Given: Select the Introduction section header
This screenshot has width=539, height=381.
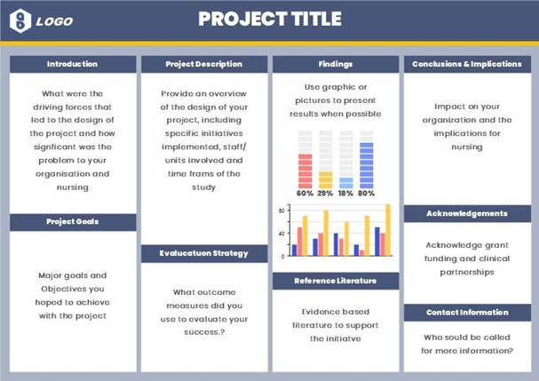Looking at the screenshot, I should (72, 64).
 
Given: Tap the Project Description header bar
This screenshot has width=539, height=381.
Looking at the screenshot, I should (203, 64).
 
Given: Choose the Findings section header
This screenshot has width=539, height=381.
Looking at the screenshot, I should (335, 64).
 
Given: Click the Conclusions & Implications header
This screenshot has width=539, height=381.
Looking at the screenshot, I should (467, 64).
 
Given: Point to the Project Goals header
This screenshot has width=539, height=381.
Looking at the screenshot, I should (72, 222).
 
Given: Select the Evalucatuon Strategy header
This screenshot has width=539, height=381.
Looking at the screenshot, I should (203, 253).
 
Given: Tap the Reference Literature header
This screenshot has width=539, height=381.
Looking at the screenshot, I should (335, 281).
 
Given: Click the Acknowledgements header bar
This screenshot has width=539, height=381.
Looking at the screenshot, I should (467, 213).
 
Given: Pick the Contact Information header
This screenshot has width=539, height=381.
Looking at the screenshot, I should (467, 313).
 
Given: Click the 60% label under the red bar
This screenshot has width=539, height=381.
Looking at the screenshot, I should (305, 193).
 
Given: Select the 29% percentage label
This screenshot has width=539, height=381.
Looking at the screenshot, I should (325, 193).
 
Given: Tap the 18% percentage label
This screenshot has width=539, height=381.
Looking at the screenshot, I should (345, 193).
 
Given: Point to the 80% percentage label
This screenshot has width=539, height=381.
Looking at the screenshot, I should (366, 193).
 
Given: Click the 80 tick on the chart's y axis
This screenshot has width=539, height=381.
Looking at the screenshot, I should (281, 210).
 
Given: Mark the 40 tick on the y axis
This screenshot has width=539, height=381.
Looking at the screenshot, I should (281, 233).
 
